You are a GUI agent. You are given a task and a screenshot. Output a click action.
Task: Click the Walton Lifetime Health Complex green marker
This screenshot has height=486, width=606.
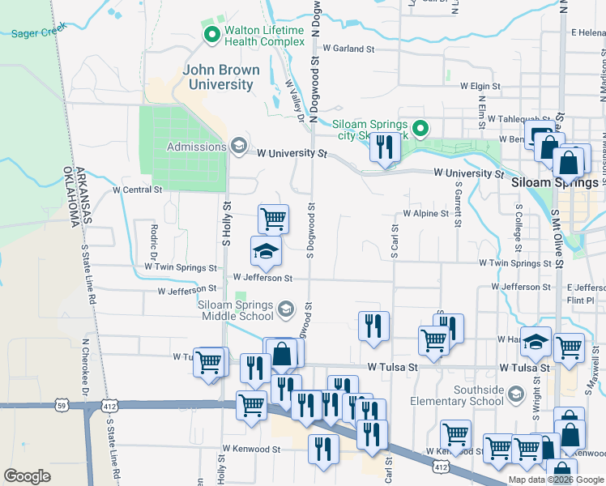pos(212,35)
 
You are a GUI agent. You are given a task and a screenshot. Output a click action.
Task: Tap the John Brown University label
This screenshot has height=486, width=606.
pos(221,77)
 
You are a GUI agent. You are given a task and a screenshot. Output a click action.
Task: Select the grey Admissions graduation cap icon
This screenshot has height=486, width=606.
pos(238,146)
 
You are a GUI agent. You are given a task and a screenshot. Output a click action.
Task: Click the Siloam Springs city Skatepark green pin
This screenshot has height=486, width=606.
pos(420,129)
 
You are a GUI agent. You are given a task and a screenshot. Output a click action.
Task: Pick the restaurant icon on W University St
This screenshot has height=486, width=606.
pos(385,148)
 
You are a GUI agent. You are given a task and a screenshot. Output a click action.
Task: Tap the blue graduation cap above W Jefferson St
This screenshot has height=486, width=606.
pos(265,253)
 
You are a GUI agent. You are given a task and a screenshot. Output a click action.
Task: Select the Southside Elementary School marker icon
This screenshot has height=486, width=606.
pos(515,394)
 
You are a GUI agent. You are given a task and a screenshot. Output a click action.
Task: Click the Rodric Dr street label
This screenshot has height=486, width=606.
pos(152,238)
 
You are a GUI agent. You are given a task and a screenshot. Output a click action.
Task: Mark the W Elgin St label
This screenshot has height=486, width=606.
pos(481,86)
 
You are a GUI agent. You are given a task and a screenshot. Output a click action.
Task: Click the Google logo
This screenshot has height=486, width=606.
pos(28,476)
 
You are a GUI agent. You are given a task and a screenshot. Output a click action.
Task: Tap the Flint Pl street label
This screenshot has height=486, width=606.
pos(580,300)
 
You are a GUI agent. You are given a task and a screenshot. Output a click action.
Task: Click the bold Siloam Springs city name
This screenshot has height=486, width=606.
pos(556,183)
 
